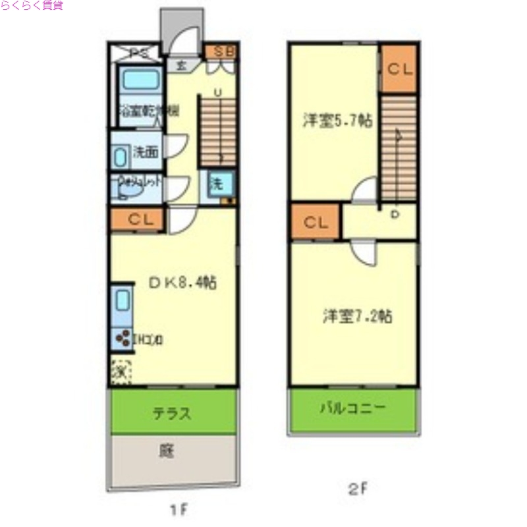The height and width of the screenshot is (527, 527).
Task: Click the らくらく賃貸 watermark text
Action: [32, 5]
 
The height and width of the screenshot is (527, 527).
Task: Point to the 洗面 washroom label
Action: [146, 152]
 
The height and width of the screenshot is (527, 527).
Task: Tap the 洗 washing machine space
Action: [215, 184]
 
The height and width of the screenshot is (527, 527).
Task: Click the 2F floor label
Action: [358, 489]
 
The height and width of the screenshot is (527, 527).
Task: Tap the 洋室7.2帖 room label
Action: [357, 316]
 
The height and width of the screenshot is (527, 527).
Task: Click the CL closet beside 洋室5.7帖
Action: [399, 68]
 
